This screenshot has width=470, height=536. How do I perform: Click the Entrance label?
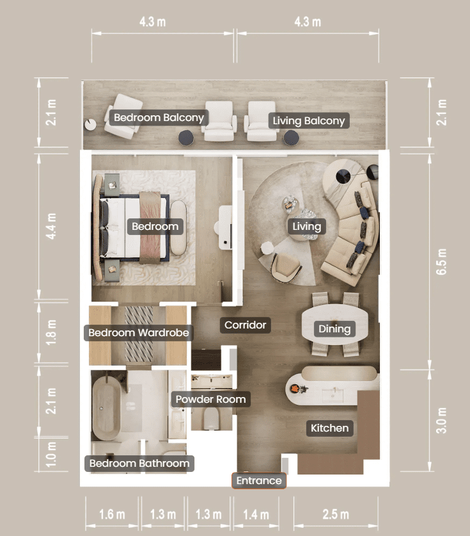point(259,481)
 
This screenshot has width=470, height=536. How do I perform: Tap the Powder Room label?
point(210,399)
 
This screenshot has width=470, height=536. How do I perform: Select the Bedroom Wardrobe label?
point(139,332)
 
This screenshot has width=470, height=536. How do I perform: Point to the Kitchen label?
point(330,428)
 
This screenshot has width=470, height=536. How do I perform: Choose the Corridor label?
point(246,325)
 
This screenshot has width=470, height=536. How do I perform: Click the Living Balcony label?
point(309,120)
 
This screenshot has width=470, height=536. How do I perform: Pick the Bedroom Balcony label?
point(159,118)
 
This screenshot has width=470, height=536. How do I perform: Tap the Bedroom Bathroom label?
point(139,463)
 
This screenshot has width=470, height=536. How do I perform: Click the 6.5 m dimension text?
point(441,262)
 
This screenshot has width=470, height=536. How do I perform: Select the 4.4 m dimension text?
point(51,226)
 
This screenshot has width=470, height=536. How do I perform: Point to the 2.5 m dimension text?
point(336,514)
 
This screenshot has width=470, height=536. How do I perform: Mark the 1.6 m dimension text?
point(112,514)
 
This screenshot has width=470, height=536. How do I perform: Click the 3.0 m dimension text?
point(441,420)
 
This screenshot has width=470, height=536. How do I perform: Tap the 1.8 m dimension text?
point(51,332)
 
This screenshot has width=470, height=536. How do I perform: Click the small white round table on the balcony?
point(91,124)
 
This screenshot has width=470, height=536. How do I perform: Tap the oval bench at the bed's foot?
point(178,227)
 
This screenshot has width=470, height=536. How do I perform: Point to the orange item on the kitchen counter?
point(295,389)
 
